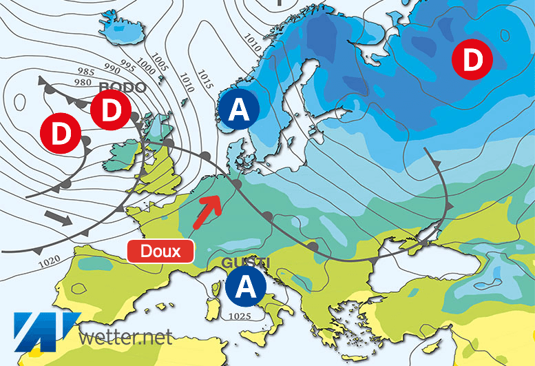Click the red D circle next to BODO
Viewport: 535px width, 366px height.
(112, 109)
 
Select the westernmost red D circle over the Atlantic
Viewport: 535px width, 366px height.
(61, 133)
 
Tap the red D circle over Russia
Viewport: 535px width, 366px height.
(472, 61)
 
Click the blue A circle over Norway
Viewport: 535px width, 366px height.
(238, 110)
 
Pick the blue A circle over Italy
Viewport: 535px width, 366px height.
(247, 287)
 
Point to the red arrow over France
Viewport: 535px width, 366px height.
(207, 212)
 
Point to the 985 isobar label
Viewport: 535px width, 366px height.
(86, 72)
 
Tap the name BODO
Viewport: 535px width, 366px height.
(123, 88)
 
